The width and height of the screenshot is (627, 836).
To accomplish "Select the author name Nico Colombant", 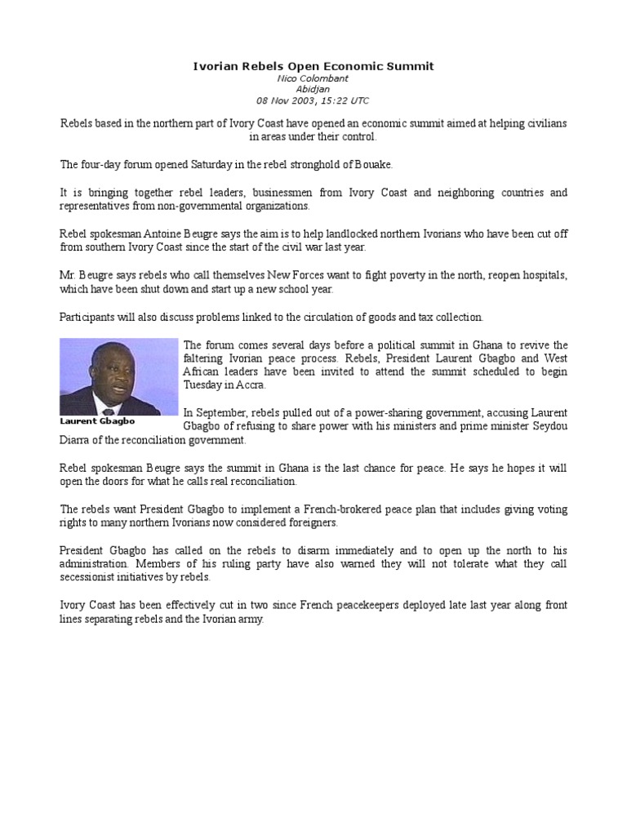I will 313,78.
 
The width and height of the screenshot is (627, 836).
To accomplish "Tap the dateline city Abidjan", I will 313,89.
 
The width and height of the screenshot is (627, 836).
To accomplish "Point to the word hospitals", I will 541,275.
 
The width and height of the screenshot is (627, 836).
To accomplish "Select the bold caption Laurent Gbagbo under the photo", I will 97,421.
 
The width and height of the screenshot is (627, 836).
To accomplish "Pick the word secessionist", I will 90,577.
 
